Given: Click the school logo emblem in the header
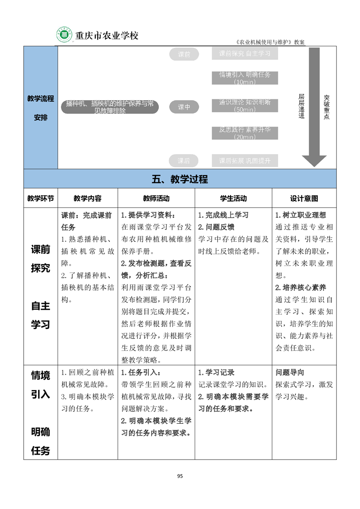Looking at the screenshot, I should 64,35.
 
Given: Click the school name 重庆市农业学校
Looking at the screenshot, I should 106,35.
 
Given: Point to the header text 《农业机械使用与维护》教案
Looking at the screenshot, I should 271,42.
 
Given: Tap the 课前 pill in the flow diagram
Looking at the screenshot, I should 184,54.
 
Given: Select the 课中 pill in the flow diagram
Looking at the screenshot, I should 184,107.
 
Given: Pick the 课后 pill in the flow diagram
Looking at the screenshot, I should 184,161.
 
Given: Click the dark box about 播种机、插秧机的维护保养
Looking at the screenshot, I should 109,107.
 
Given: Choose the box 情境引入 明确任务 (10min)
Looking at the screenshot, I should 245,78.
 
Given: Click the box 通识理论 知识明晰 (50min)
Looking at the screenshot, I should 245,105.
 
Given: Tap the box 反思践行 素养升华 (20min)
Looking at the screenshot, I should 245,133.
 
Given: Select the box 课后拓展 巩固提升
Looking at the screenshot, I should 245,161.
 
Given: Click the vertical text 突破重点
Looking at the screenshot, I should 327,107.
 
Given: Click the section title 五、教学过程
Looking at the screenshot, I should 180,179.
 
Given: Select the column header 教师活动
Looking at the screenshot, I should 156,198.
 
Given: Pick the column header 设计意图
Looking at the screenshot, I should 304,198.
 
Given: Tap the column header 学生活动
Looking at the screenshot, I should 233,198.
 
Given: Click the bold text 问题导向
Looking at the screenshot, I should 290,372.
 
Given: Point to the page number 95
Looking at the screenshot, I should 180,476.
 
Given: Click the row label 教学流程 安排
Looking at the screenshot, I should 40,108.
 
